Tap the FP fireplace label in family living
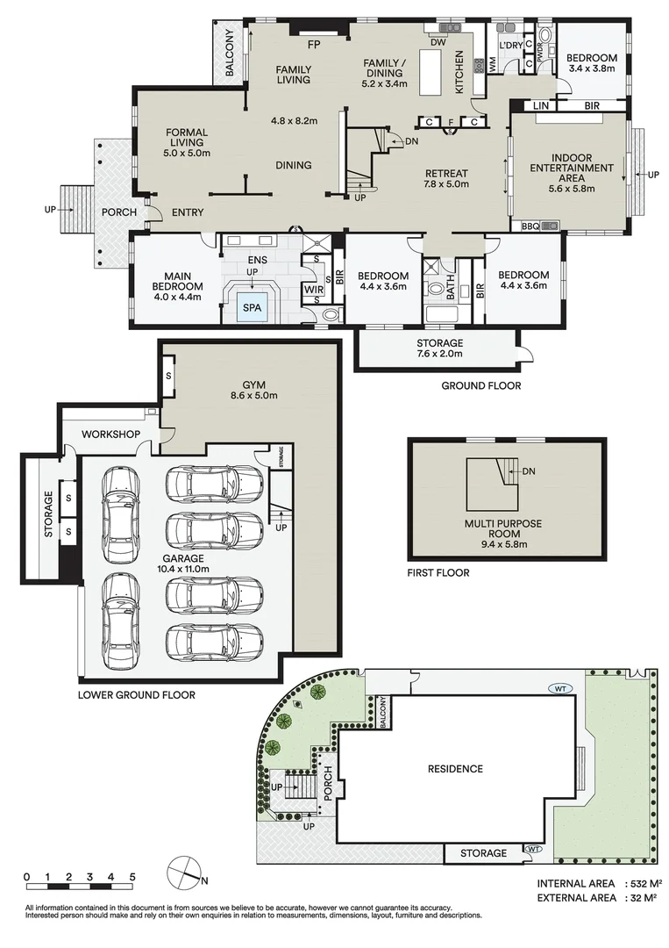[310, 43]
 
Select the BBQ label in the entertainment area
[530, 226]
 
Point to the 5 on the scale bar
[132, 876]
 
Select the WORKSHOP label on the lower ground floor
[111, 434]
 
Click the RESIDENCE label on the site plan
[455, 769]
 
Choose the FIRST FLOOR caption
[438, 573]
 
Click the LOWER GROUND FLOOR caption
[136, 695]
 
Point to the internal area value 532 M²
[644, 884]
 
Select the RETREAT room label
[446, 173]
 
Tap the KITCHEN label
[459, 71]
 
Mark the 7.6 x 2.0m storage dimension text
[440, 354]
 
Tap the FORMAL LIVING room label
[186, 137]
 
